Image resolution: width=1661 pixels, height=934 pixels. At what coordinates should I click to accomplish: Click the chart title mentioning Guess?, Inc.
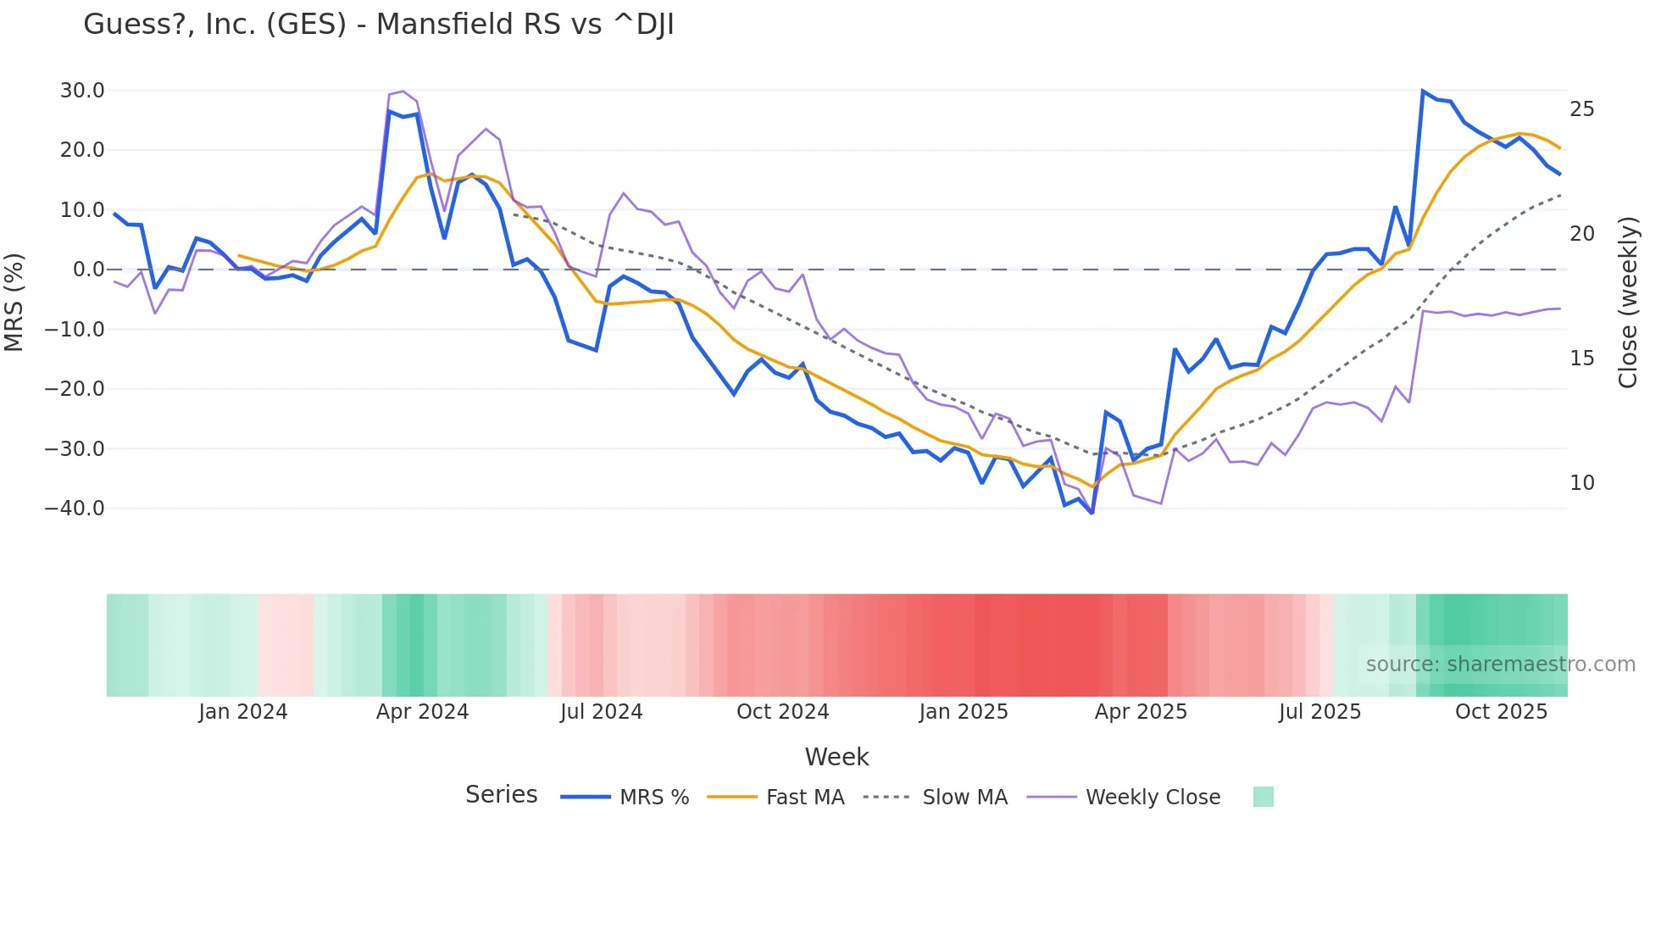pyautogui.click(x=378, y=25)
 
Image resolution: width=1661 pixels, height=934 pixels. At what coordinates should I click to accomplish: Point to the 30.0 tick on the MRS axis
pyautogui.click(x=82, y=91)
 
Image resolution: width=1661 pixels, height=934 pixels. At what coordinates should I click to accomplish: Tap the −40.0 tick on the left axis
pyautogui.click(x=75, y=509)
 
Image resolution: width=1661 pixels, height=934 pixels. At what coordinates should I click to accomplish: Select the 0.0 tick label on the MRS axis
pyautogui.click(x=89, y=270)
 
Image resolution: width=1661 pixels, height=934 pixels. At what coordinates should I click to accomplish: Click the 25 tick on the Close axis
pyautogui.click(x=1582, y=109)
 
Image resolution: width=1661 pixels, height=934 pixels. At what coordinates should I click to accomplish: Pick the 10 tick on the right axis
pyautogui.click(x=1582, y=483)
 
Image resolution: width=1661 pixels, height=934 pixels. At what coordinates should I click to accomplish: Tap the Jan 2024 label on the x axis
pyautogui.click(x=243, y=712)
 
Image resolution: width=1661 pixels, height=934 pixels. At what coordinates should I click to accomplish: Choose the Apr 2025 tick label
pyautogui.click(x=1141, y=712)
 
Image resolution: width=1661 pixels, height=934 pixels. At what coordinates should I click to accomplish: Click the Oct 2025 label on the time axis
pyautogui.click(x=1501, y=712)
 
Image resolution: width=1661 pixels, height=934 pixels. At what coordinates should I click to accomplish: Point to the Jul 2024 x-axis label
pyautogui.click(x=601, y=712)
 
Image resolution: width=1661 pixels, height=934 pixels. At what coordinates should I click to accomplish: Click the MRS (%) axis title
pyautogui.click(x=14, y=302)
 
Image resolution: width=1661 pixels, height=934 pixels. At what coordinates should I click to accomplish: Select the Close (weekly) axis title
pyautogui.click(x=1628, y=303)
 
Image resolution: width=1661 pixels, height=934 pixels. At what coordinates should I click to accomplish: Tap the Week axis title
pyautogui.click(x=836, y=757)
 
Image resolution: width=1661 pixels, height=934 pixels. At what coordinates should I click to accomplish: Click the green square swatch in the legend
pyautogui.click(x=1263, y=797)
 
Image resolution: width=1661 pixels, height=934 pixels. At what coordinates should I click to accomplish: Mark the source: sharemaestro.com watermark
pyautogui.click(x=1500, y=664)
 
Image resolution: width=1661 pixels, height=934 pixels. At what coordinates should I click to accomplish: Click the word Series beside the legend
pyautogui.click(x=501, y=795)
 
